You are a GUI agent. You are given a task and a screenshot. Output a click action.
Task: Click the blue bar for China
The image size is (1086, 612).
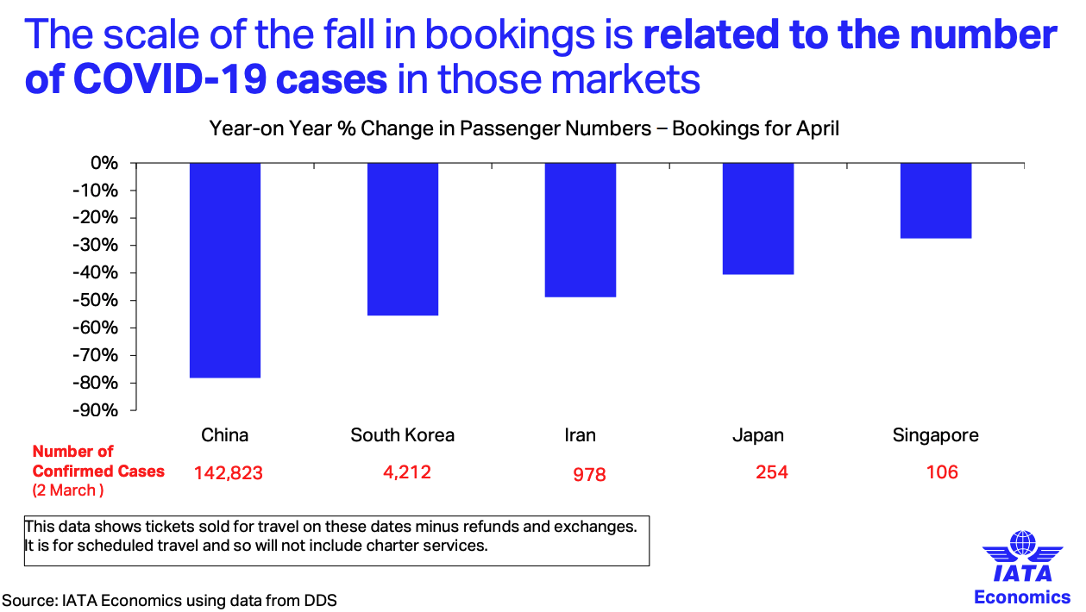225,270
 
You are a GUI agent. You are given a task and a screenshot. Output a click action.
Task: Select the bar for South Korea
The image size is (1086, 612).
403,239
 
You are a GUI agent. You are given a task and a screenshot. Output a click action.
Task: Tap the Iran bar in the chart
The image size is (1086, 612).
581,229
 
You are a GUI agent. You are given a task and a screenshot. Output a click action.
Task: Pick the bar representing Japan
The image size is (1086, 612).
758,218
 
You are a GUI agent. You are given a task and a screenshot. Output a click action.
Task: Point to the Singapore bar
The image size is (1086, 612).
936,200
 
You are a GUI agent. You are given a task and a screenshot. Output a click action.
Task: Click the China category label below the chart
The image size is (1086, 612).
225,435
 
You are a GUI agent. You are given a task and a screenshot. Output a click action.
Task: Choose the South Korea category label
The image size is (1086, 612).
402,435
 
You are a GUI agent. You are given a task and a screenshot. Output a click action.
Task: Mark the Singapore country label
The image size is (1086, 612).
936,435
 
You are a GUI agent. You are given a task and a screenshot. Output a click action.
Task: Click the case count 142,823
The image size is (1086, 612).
228,473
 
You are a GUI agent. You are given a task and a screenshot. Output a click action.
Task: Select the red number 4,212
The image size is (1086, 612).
407,471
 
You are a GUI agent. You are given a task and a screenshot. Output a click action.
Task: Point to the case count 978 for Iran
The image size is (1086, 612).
589,475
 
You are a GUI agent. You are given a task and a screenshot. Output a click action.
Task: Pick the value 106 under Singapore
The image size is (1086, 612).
941,471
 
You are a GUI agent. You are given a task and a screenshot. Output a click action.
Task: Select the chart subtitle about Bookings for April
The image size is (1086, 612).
524,129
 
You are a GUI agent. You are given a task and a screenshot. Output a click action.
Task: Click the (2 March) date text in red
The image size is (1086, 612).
67,490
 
